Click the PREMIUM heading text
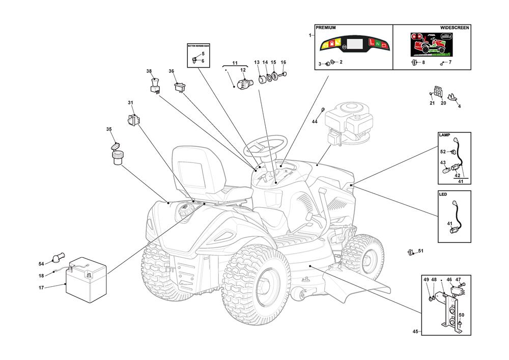pyautogui.click(x=326, y=28)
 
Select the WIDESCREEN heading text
pyautogui.click(x=454, y=28)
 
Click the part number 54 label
pyautogui.click(x=42, y=264)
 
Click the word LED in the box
pyautogui.click(x=443, y=194)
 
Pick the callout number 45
pyautogui.click(x=416, y=331)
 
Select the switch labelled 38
pyautogui.click(x=155, y=85)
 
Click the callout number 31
pyautogui.click(x=130, y=103)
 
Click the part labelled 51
pyautogui.click(x=410, y=252)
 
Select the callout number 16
pyautogui.click(x=284, y=63)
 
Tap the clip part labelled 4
pyautogui.click(x=451, y=97)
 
